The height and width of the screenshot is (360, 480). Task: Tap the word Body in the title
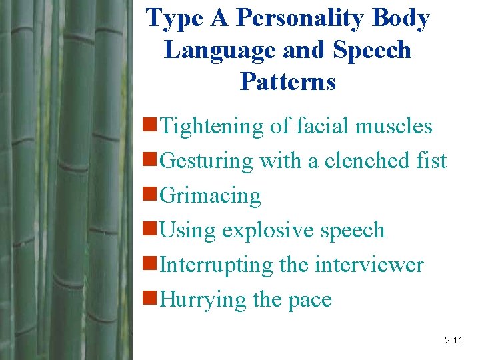pos(401,19)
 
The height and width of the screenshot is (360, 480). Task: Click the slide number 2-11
pos(453,341)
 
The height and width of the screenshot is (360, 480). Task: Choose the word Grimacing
pos(211,195)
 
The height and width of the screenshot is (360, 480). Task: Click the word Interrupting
pos(217,265)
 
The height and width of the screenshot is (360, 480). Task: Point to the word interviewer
pos(369,265)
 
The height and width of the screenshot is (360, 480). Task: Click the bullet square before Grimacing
pos(151,195)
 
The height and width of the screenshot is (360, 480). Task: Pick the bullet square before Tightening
pos(151,125)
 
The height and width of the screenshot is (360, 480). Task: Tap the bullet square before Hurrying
pos(151,299)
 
